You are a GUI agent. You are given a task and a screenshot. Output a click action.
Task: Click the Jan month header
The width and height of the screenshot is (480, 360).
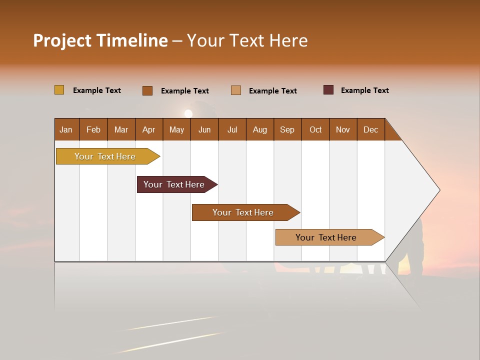[x=66, y=129]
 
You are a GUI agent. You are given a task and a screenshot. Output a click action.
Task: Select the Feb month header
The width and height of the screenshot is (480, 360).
[x=93, y=129]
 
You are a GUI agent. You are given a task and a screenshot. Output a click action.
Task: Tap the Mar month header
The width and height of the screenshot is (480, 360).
[x=121, y=129]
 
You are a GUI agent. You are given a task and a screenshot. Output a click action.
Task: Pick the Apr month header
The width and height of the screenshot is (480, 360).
[x=149, y=129]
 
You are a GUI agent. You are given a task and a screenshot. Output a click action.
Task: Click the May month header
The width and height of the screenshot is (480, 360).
[x=176, y=129]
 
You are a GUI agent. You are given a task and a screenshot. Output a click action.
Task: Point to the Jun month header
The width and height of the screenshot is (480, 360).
[x=204, y=129]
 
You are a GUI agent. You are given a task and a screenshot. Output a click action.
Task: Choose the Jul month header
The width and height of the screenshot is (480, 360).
[x=232, y=129]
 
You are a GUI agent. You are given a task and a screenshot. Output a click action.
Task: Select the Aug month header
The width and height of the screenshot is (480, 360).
[x=260, y=129]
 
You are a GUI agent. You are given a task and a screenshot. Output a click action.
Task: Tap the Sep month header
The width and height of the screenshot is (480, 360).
[x=287, y=129]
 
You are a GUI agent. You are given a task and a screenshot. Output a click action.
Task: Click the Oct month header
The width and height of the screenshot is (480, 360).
[x=315, y=129]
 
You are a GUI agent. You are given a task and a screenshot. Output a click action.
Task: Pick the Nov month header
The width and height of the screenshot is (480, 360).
[x=343, y=129]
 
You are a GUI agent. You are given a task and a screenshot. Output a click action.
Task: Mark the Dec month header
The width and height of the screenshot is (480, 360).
[x=370, y=129]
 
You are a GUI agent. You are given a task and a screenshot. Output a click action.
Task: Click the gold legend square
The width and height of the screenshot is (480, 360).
[x=59, y=90]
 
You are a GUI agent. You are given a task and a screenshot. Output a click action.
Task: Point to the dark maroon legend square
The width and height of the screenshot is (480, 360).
[x=328, y=90]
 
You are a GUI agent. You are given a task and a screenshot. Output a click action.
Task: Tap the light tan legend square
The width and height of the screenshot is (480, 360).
[x=236, y=90]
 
